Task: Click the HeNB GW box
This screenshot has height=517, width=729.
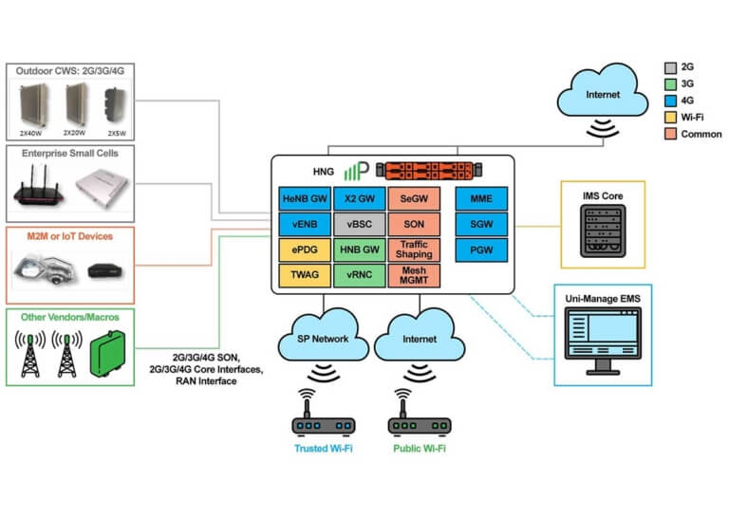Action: click(x=304, y=200)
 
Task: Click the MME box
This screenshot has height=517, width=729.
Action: click(x=482, y=200)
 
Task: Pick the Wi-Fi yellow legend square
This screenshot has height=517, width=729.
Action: click(x=670, y=118)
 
